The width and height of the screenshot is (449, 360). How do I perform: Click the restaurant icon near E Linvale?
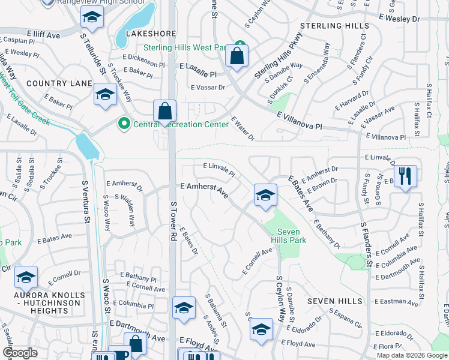point(406,176)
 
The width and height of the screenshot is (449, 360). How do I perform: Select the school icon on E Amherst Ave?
point(265,195)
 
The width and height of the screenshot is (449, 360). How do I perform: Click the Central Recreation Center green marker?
point(125,124)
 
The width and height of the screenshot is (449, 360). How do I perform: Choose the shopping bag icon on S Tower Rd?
point(164,112)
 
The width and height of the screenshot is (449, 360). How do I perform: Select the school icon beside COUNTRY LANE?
point(105,95)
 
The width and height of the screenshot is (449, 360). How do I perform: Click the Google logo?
point(20,353)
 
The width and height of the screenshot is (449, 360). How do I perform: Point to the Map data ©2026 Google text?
point(412,355)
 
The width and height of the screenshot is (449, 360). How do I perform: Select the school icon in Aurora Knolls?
point(26,278)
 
